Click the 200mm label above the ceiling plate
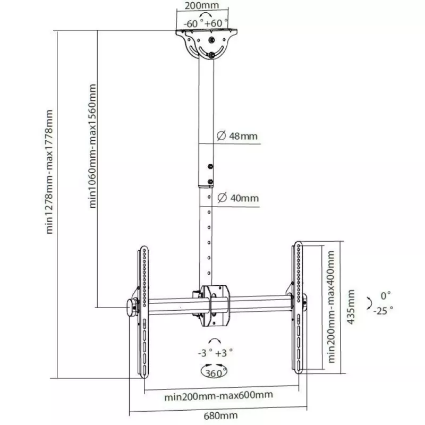(202, 5)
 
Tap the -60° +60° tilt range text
(206, 23)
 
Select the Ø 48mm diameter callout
(237, 135)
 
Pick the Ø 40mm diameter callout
(238, 198)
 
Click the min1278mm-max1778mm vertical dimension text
(49, 172)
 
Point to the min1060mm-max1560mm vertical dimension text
(92, 146)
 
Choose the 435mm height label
(351, 307)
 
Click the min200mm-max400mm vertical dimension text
(331, 307)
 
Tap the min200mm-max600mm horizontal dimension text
(218, 396)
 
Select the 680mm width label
(221, 415)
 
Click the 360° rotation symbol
(214, 371)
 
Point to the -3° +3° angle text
(216, 353)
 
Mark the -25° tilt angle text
(383, 311)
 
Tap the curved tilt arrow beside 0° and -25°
(369, 303)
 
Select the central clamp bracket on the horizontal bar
(215, 305)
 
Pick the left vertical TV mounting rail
(143, 312)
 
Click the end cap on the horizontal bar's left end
(131, 308)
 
